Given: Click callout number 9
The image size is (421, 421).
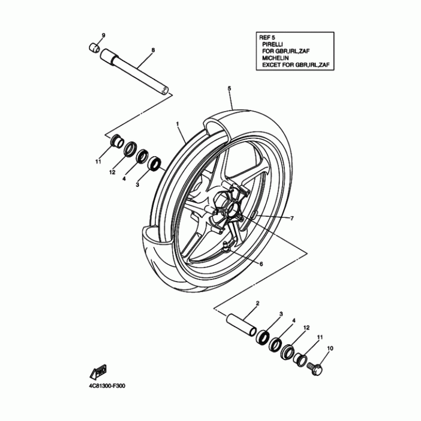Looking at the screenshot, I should click(x=103, y=35).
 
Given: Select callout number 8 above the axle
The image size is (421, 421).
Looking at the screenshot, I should click(x=153, y=50).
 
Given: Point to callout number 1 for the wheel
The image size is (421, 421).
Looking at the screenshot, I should click(x=178, y=123).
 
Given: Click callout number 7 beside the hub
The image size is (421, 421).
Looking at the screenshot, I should click(x=292, y=218).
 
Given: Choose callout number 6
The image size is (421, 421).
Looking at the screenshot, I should click(x=261, y=264).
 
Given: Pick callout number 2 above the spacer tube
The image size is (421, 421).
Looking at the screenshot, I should click(x=257, y=303).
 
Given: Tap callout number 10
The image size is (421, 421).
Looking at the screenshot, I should click(x=330, y=348).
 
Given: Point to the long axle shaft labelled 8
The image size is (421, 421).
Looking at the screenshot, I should click(x=135, y=72).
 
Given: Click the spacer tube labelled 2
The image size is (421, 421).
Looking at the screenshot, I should click(x=239, y=326).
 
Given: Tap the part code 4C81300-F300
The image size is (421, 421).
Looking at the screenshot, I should click(x=107, y=386).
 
